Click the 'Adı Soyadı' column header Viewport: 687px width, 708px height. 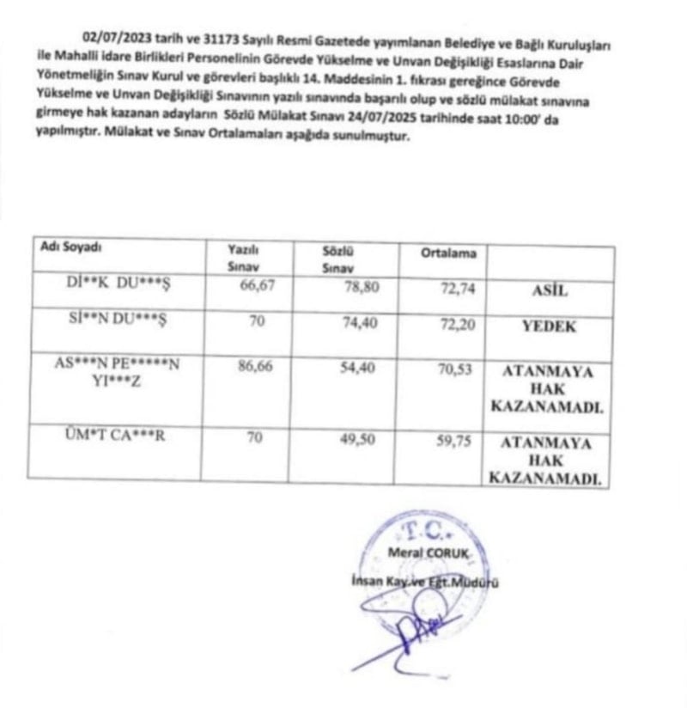coord(72,247)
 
